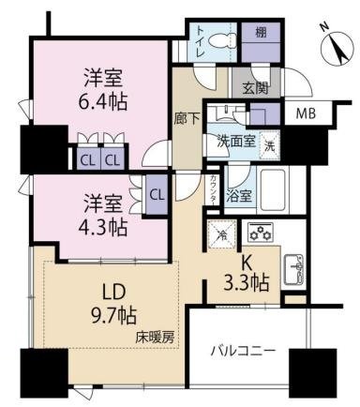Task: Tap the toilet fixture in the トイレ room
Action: [x=222, y=40]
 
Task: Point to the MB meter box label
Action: [x=306, y=115]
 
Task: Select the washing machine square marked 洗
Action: [x=268, y=146]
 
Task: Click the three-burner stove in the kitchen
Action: [x=260, y=232]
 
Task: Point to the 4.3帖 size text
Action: [x=101, y=226]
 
